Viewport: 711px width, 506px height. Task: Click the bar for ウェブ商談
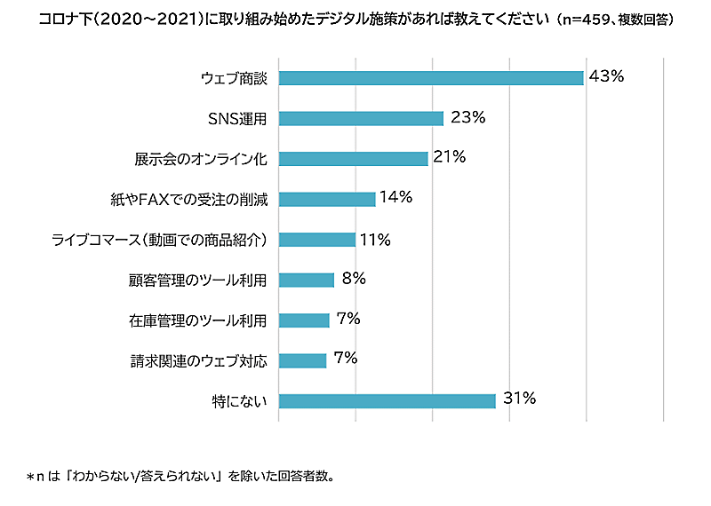pos(431,78)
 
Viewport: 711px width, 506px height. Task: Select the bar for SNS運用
pos(361,119)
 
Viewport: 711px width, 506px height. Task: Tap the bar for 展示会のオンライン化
pos(353,159)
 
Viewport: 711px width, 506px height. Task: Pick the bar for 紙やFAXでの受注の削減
pos(327,199)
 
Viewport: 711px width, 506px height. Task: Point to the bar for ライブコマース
pos(316,240)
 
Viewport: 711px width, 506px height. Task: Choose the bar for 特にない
pos(387,400)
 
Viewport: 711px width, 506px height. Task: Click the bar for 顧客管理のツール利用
pos(306,280)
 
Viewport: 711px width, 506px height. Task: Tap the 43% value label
pos(607,76)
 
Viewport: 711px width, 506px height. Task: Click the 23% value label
pos(467,117)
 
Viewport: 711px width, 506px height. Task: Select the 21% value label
pos(450,157)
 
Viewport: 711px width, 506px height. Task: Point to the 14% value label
pos(395,197)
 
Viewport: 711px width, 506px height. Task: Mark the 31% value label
pos(519,399)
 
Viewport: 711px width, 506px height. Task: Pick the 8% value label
pos(354,278)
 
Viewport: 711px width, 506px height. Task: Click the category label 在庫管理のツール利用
pos(198,320)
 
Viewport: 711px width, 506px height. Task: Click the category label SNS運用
pos(237,119)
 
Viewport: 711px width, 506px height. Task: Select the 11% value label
pos(374,238)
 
